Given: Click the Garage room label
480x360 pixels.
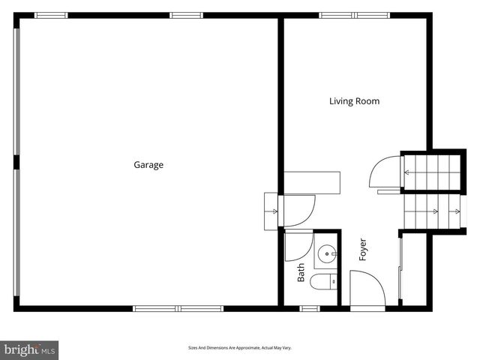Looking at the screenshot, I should (x=148, y=165).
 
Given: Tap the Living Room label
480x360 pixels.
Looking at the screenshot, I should (x=354, y=100).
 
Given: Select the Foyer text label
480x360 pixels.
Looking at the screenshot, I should (x=363, y=249).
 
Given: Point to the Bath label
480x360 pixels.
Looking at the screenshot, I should (x=301, y=271).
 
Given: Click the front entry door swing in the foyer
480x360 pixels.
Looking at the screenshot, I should (x=367, y=289).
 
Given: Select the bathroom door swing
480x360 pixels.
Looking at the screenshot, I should (x=298, y=244).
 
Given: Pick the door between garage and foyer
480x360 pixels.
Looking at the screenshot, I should (x=297, y=209).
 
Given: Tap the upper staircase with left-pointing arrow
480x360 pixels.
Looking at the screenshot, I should (x=430, y=172).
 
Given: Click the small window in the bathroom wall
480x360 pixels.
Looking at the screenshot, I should (x=310, y=307).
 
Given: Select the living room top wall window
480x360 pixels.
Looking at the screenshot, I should (x=355, y=15).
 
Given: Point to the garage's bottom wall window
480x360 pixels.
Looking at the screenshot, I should (x=178, y=307).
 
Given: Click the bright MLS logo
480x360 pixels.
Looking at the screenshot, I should (x=29, y=349).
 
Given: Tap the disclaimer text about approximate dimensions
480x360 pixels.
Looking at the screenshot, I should (x=239, y=348).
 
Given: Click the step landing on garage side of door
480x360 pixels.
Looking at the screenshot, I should (x=271, y=211).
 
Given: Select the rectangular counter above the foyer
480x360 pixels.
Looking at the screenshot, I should (x=311, y=181).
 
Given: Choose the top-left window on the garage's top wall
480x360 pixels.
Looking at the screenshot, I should (x=51, y=15).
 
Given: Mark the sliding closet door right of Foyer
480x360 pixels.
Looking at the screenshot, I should (x=400, y=267).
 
